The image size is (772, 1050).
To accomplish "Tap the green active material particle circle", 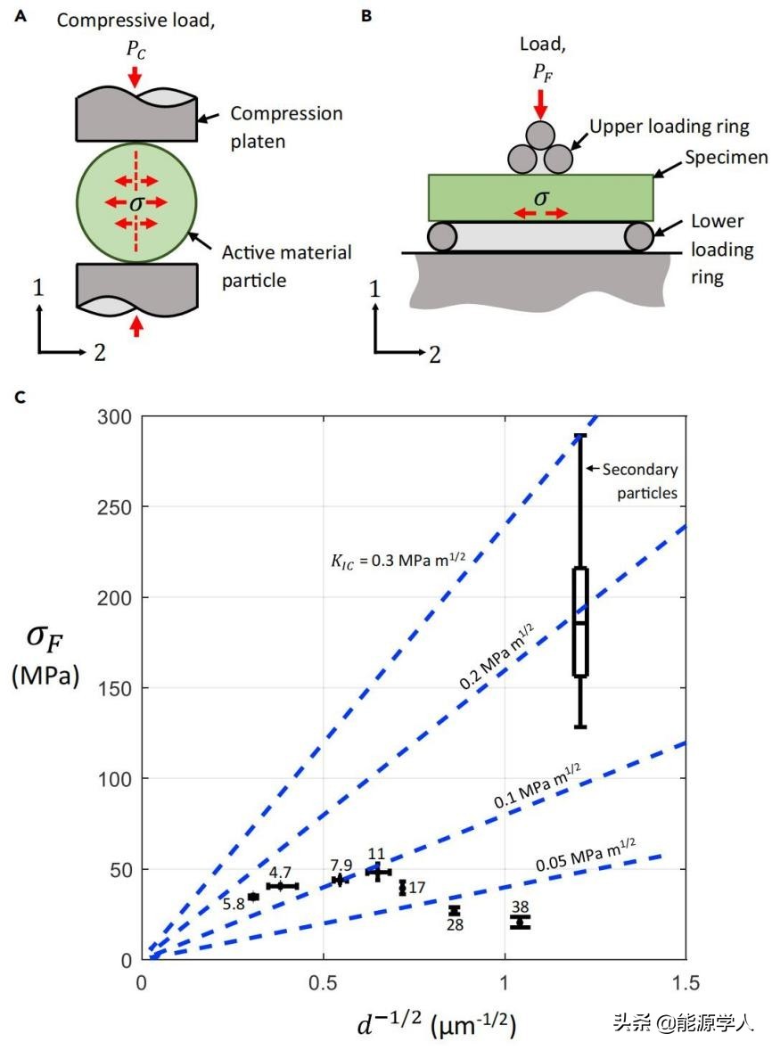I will [x=135, y=203].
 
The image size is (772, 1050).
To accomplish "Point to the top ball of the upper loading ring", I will [x=539, y=136].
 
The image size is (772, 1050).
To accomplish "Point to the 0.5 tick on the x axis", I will [x=324, y=982].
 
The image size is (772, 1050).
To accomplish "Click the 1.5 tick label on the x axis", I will [x=686, y=982].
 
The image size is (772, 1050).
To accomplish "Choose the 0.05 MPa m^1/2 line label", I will [x=586, y=857].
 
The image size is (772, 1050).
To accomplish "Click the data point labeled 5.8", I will [x=253, y=897].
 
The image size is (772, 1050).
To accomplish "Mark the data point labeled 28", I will [x=455, y=910].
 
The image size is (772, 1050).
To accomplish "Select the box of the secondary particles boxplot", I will [x=580, y=621].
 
